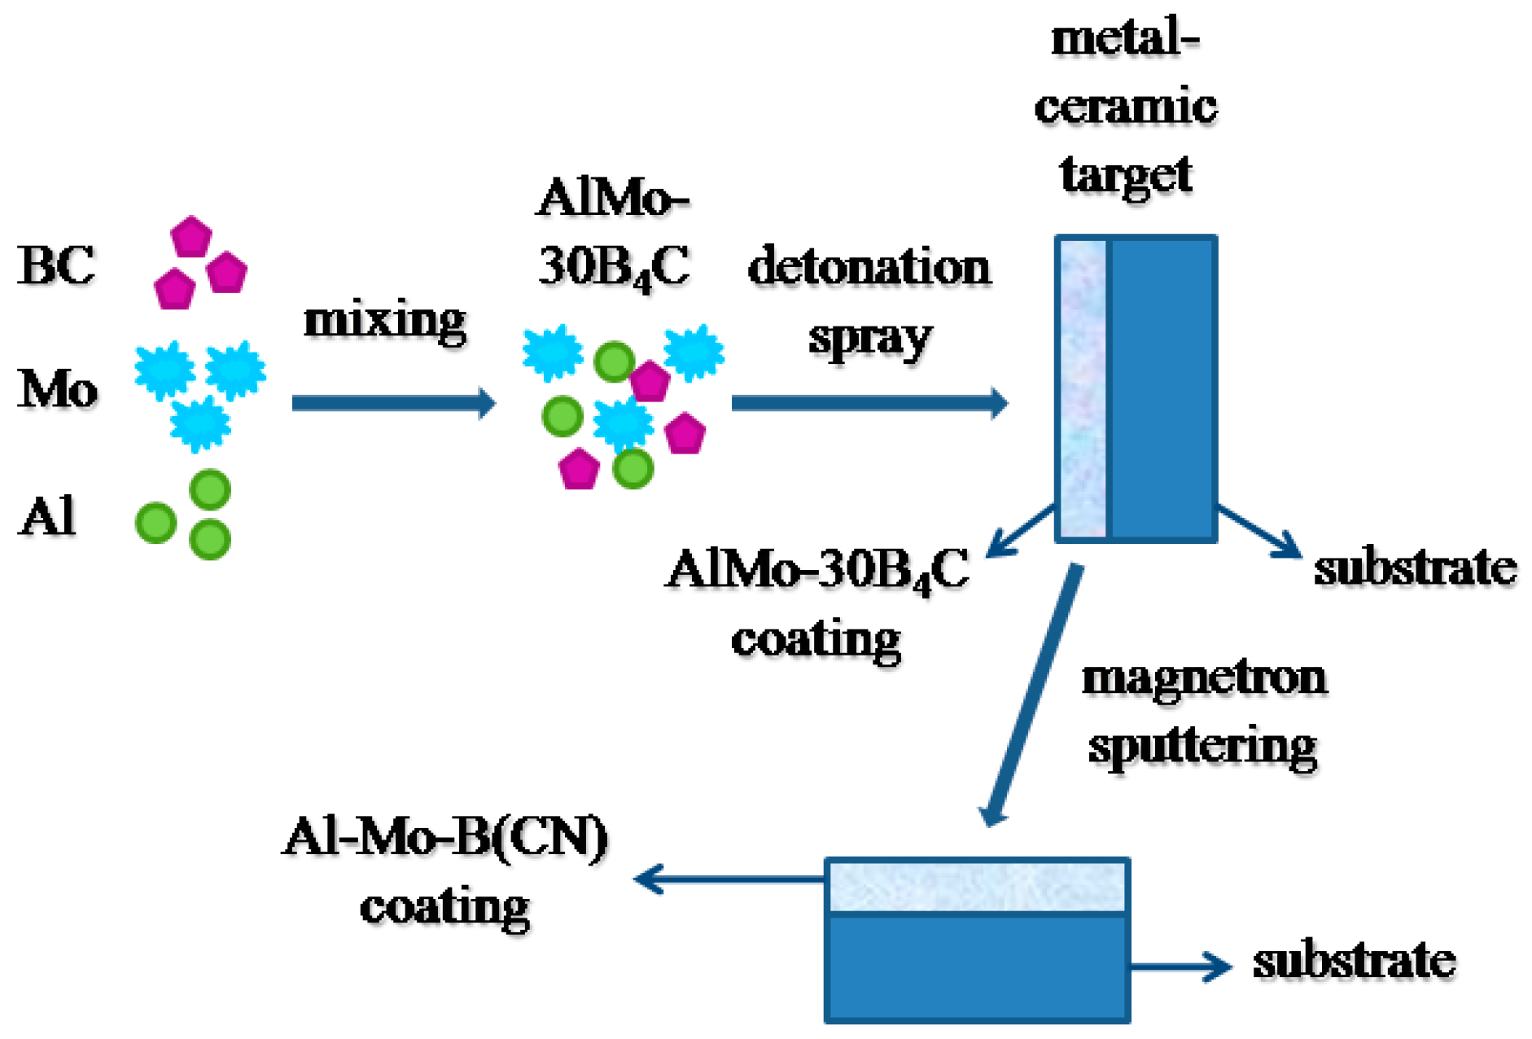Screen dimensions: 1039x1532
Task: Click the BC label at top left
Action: click(55, 265)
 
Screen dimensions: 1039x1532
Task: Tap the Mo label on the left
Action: click(57, 388)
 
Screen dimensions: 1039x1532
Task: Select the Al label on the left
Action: click(47, 516)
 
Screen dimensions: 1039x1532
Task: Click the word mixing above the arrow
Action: click(384, 319)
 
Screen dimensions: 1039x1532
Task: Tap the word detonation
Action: click(869, 267)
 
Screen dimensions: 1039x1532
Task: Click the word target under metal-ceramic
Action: click(1126, 174)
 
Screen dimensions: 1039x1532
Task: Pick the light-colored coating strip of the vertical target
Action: click(1083, 388)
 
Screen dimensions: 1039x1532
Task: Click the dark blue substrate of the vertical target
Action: click(1162, 388)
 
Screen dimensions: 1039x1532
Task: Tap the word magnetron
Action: click(1204, 677)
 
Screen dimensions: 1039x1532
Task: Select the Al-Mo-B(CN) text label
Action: click(444, 837)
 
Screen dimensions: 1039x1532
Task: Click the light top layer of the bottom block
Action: click(976, 887)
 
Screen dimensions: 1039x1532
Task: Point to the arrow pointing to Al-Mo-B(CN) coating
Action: click(728, 879)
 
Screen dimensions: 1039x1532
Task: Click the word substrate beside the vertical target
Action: click(1415, 568)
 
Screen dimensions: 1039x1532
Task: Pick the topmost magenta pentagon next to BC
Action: click(191, 237)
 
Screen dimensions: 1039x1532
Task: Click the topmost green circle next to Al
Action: click(210, 490)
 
